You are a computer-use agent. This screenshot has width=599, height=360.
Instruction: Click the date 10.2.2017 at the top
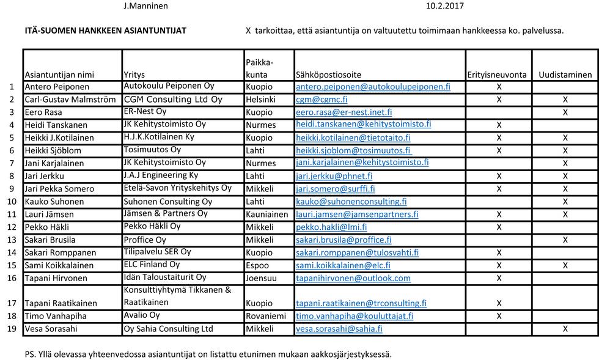(x=445, y=6)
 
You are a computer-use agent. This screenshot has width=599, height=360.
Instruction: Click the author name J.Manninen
(x=145, y=6)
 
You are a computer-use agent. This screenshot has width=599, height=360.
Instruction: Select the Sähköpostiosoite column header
(x=328, y=75)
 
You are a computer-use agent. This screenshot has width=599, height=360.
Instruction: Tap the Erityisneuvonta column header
(x=497, y=75)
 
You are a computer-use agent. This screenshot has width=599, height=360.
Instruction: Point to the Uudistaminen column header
(x=565, y=75)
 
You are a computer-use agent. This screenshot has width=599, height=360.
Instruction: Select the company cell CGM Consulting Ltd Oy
(x=173, y=99)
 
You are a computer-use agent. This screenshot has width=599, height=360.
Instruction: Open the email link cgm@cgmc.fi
(x=322, y=100)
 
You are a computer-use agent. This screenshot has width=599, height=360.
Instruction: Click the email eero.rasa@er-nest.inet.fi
(x=344, y=112)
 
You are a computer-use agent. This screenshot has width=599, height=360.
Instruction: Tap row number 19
(x=12, y=329)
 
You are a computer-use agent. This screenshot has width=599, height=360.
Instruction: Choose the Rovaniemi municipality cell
(x=265, y=316)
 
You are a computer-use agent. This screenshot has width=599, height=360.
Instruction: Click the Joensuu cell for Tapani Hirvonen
(x=261, y=278)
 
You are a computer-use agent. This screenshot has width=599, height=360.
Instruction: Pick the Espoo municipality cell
(x=258, y=265)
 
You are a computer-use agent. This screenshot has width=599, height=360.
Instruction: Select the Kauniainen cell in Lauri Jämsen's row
(x=266, y=215)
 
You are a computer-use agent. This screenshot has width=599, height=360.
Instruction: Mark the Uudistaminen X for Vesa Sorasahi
(x=565, y=329)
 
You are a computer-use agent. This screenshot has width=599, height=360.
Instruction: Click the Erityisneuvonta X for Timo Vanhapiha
(x=499, y=316)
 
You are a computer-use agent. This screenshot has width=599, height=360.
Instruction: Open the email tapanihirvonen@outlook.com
(x=353, y=278)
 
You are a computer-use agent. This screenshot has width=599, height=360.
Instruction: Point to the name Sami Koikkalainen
(x=59, y=265)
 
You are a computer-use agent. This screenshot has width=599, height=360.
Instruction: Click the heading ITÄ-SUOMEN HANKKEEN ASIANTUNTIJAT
(x=106, y=30)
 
